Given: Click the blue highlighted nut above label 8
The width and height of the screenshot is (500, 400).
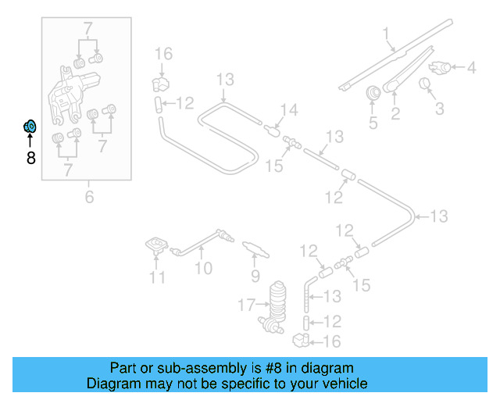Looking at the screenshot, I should pyautogui.click(x=29, y=126).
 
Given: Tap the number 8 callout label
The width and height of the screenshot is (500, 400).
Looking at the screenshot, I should pyautogui.click(x=30, y=159).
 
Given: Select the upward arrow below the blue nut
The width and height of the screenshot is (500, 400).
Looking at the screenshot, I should pyautogui.click(x=30, y=141).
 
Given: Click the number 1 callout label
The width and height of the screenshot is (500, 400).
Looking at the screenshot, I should pyautogui.click(x=386, y=33).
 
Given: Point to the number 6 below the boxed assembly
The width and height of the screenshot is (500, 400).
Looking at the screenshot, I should pyautogui.click(x=89, y=198).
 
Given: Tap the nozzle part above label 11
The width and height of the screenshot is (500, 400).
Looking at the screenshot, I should pyautogui.click(x=158, y=246).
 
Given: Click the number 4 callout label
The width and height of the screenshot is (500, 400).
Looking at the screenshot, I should pyautogui.click(x=471, y=68).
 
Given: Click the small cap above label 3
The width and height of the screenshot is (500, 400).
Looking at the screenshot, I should pyautogui.click(x=427, y=84).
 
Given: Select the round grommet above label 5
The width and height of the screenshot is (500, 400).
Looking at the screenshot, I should pyautogui.click(x=373, y=93).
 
